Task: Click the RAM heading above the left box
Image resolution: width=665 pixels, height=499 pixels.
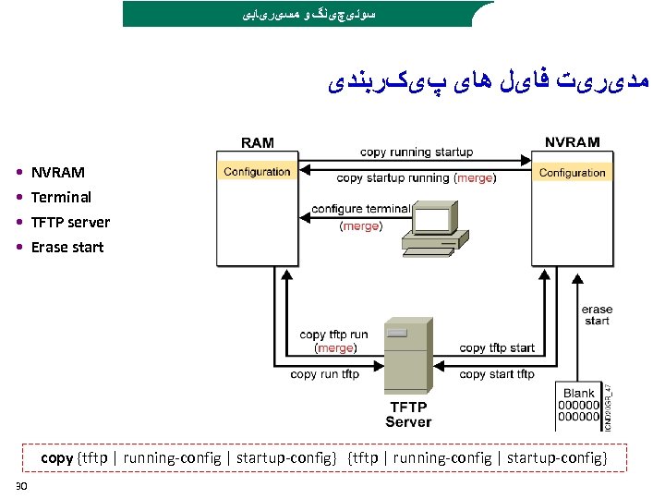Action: coord(257,143)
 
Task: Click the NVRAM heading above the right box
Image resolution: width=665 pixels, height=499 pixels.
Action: coord(572,143)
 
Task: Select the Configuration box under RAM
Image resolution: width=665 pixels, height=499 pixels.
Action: coord(257,172)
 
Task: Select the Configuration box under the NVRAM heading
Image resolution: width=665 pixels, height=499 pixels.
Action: coord(572,173)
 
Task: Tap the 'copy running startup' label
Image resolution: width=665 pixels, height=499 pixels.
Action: coord(416,152)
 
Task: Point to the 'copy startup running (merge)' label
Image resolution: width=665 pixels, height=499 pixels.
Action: coord(416,178)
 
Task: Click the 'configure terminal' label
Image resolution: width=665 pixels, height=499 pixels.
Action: coord(360,209)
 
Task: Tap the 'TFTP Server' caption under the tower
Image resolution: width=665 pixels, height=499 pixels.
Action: coord(407,414)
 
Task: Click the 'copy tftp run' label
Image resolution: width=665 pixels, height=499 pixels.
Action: coord(333,335)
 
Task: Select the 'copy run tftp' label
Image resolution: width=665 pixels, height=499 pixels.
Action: coord(324,374)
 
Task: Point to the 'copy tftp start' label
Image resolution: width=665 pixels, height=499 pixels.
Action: coord(496,347)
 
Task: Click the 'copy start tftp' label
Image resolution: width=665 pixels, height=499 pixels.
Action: coord(496,374)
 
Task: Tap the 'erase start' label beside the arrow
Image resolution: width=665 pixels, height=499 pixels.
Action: coord(597,315)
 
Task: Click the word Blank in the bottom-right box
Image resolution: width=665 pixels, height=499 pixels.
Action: coord(578,394)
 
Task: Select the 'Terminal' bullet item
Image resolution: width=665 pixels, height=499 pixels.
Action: coord(61,197)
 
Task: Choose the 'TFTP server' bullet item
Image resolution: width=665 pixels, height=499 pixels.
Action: coord(70,222)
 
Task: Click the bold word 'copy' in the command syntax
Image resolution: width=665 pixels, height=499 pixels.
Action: coord(56,457)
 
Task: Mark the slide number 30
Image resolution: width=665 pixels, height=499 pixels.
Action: coord(21,487)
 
